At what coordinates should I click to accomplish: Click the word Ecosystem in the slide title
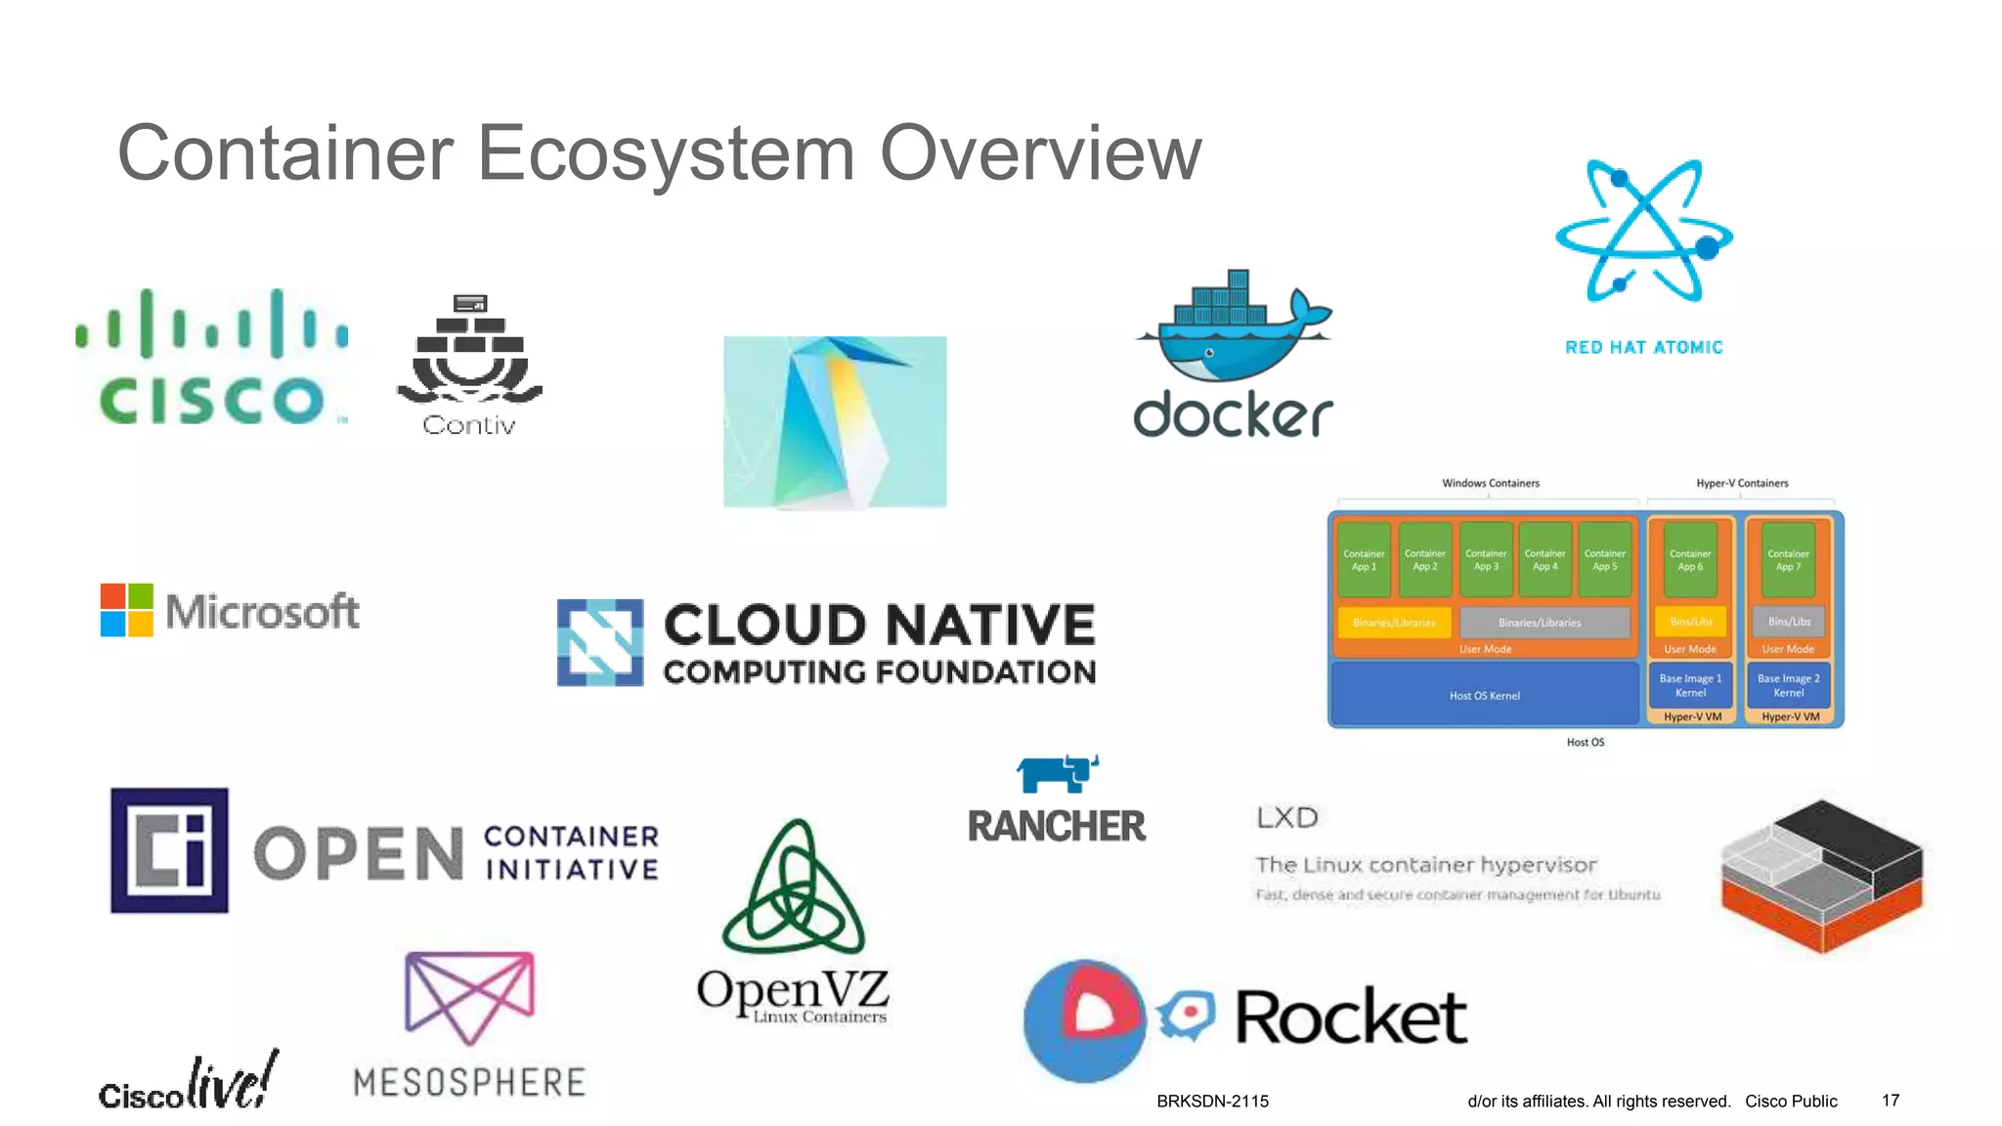pos(665,153)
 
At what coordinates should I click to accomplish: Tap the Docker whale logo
pos(1234,327)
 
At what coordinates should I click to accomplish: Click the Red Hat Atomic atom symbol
pos(1644,233)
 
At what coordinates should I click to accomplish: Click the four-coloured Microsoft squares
pos(127,610)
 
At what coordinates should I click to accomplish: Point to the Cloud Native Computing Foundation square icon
pos(600,642)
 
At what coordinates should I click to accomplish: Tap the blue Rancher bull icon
pos(1057,772)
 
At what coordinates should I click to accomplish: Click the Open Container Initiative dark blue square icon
pos(169,850)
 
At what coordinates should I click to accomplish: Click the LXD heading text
pos(1287,817)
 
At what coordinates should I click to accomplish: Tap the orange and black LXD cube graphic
pos(1822,875)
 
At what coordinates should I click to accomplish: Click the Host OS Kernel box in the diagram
pos(1484,695)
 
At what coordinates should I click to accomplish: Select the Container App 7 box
pos(1788,560)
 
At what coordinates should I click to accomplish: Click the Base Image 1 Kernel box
pos(1690,685)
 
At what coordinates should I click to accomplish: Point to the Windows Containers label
pos(1491,483)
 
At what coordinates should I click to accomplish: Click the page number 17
pos(1891,1101)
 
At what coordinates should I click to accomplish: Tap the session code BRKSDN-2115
pos(1212,1101)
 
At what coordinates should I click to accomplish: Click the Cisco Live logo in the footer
pos(189,1083)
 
